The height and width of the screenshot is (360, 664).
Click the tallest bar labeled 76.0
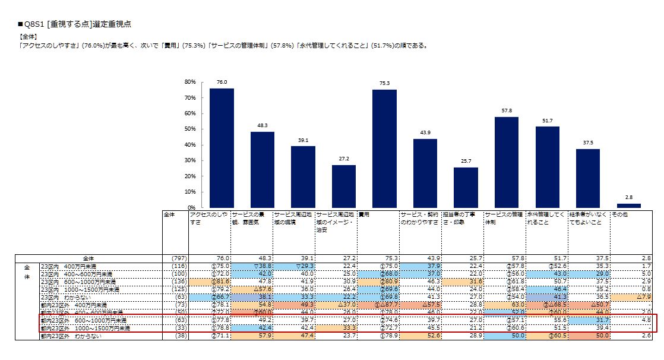(221, 148)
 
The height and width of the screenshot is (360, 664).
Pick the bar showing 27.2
(343, 186)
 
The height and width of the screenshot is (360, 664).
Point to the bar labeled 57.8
(506, 162)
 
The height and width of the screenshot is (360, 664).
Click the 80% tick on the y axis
(190, 82)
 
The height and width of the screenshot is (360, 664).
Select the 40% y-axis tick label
(190, 145)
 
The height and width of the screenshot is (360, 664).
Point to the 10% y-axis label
(190, 192)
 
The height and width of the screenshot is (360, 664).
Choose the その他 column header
(621, 214)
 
